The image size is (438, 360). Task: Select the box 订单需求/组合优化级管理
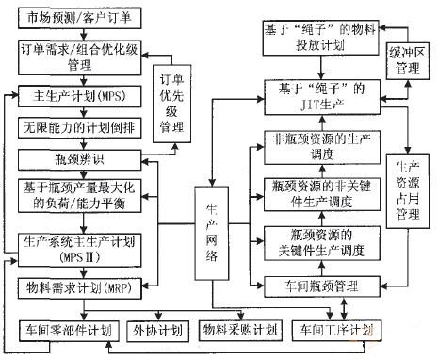tap(78, 56)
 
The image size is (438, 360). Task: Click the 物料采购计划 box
tap(240, 330)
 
